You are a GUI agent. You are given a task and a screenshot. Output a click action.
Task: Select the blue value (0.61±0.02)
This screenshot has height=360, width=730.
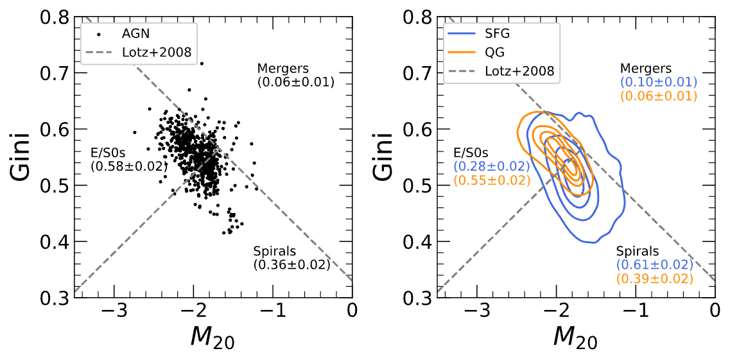coord(655,264)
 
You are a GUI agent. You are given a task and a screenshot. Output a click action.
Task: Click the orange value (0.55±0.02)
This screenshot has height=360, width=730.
coord(492,180)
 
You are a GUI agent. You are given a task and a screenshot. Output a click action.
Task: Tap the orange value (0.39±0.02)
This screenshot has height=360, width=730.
coord(655,279)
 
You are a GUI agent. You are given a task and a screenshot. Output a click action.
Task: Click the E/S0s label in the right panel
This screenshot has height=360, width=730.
coord(471,153)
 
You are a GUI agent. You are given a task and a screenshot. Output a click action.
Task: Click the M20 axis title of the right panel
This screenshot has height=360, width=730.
coord(575,338)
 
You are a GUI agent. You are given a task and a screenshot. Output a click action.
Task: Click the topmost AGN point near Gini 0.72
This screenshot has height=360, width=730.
coord(202,64)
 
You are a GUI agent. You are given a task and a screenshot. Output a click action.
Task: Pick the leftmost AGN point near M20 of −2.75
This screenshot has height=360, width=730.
coord(135,132)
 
